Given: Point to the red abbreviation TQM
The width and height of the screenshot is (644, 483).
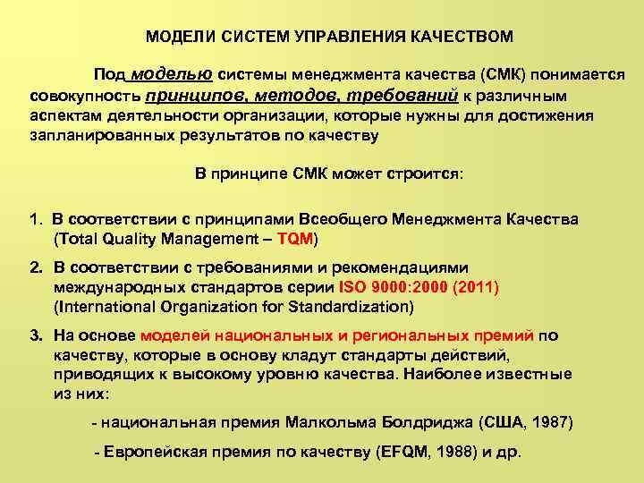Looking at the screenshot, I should [296, 239].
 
